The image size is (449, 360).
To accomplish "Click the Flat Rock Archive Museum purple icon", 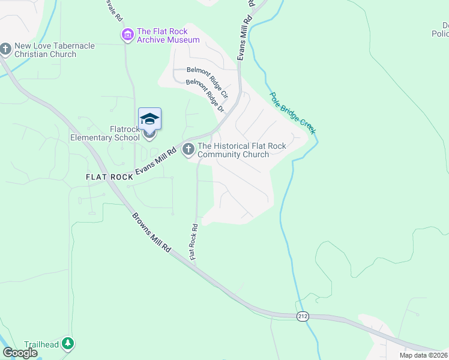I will (x=127, y=35).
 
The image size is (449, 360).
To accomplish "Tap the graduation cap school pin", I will (x=149, y=119).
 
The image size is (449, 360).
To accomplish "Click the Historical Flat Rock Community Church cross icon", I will (x=188, y=149).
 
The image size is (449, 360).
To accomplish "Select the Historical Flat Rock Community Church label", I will (x=242, y=150).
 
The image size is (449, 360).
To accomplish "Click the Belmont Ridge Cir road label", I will (x=208, y=82).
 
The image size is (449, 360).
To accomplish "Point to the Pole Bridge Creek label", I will (x=292, y=112).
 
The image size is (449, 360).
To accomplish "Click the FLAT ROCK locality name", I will (x=109, y=177).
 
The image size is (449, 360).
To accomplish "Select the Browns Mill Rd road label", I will (x=152, y=232).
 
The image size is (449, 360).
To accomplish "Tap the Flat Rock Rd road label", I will (x=194, y=241).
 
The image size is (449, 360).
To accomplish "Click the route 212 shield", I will (x=304, y=316).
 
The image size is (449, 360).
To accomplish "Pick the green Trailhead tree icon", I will (x=69, y=344).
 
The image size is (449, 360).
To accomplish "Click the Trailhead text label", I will (x=41, y=344).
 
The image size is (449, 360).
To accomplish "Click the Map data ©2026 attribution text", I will (x=424, y=355).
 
